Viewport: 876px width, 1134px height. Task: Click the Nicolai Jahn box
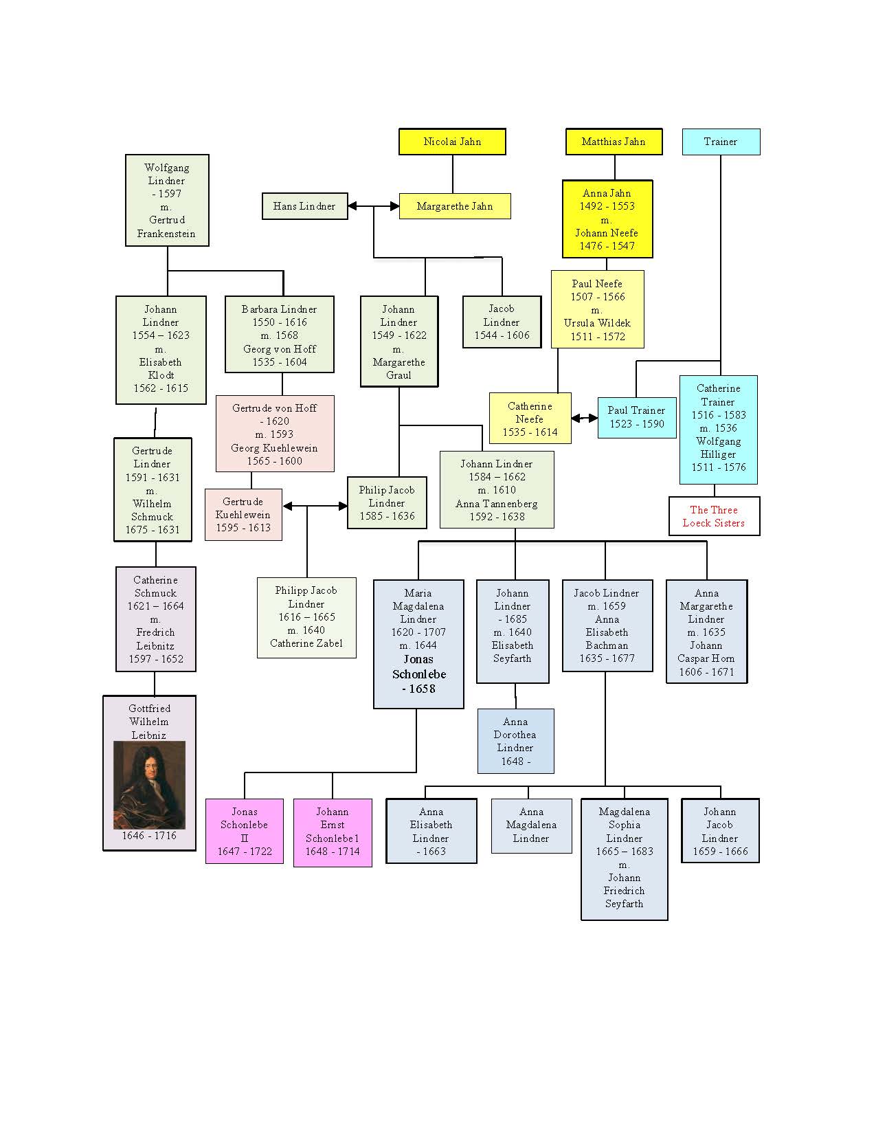point(452,142)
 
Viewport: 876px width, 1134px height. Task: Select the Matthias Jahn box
point(614,142)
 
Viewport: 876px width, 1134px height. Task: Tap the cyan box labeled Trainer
point(721,142)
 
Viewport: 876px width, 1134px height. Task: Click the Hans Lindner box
point(304,206)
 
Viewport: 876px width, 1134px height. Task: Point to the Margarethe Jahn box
point(454,206)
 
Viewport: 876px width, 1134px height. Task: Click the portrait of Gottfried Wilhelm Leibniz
point(149,785)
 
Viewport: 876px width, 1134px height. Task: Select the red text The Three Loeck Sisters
point(714,516)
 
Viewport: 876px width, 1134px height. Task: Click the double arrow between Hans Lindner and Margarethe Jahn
point(374,206)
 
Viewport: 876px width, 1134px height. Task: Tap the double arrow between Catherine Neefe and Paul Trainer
point(585,418)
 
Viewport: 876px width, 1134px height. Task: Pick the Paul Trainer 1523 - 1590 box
point(636,417)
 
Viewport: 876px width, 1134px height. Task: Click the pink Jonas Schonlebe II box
point(244,832)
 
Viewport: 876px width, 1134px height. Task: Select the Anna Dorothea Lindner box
point(515,741)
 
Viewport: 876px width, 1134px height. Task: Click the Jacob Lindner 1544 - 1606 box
point(502,322)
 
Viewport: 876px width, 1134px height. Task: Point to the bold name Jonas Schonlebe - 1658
point(418,674)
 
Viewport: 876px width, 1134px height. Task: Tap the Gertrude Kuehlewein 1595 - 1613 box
point(243,515)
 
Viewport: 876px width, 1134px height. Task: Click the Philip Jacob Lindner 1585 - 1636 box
point(387,503)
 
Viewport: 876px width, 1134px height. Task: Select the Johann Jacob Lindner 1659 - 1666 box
point(720,831)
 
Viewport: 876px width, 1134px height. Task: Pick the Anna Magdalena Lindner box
point(531,825)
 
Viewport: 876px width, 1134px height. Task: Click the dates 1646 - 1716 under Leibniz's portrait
point(149,836)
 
